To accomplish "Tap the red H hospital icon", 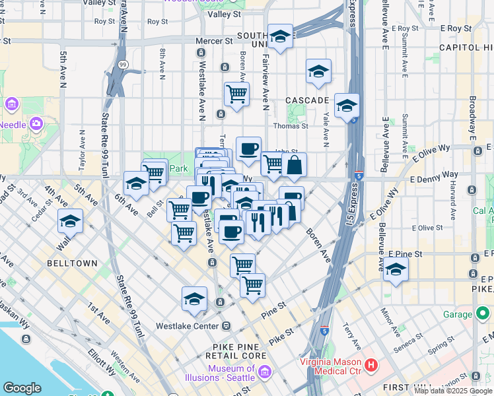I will point(371,364).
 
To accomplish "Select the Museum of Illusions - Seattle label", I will point(231,374).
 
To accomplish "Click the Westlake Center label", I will point(187,326).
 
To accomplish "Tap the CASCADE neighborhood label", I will point(307,100).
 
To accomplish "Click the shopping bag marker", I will point(294,165).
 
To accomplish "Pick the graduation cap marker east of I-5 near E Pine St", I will point(396,269).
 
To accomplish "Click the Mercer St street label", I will point(215,41).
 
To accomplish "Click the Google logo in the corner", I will point(22,388).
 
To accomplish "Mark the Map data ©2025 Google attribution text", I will point(453,391).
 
